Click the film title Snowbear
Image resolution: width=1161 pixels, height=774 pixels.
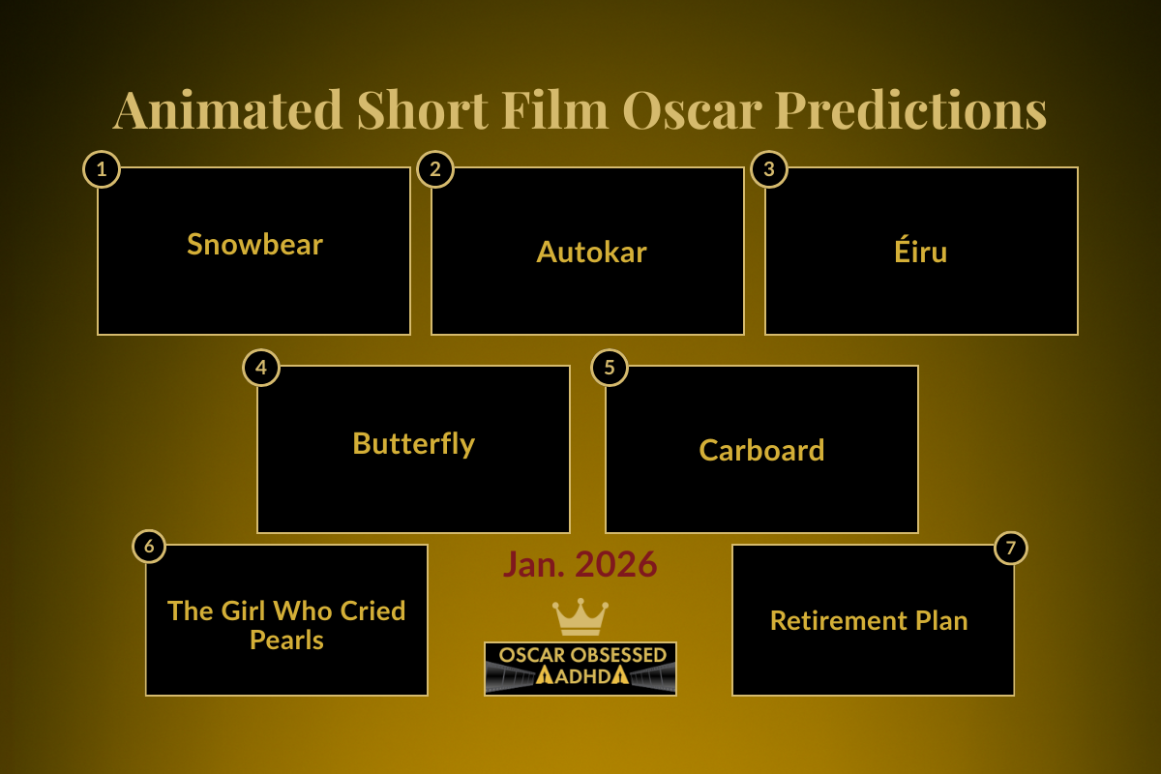pos(254,244)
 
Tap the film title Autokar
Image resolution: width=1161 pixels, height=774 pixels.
pos(591,252)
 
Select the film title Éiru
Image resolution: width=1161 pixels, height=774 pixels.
pos(921,252)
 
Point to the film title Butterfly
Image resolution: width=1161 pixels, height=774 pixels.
pos(413,443)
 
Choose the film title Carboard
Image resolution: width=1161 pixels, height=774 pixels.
pos(761,450)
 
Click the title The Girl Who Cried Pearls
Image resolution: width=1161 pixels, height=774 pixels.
pos(286,625)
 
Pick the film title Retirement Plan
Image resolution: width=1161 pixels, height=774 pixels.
pos(869,620)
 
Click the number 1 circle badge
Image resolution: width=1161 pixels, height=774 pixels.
pos(102,169)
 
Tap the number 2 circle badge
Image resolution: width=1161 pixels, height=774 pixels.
pos(435,169)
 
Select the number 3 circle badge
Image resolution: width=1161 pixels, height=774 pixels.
pos(769,169)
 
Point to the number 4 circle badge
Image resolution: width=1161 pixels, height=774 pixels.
pos(261,368)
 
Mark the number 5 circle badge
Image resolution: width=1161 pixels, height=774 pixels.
pos(610,368)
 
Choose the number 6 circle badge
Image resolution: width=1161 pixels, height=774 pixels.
pos(149,547)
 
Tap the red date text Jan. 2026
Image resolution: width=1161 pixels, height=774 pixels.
pos(580,564)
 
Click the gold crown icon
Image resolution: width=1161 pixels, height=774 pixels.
pos(580,616)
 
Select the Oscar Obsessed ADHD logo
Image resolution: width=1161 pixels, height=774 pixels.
pos(580,668)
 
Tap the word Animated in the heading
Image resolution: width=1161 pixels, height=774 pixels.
pos(227,109)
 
